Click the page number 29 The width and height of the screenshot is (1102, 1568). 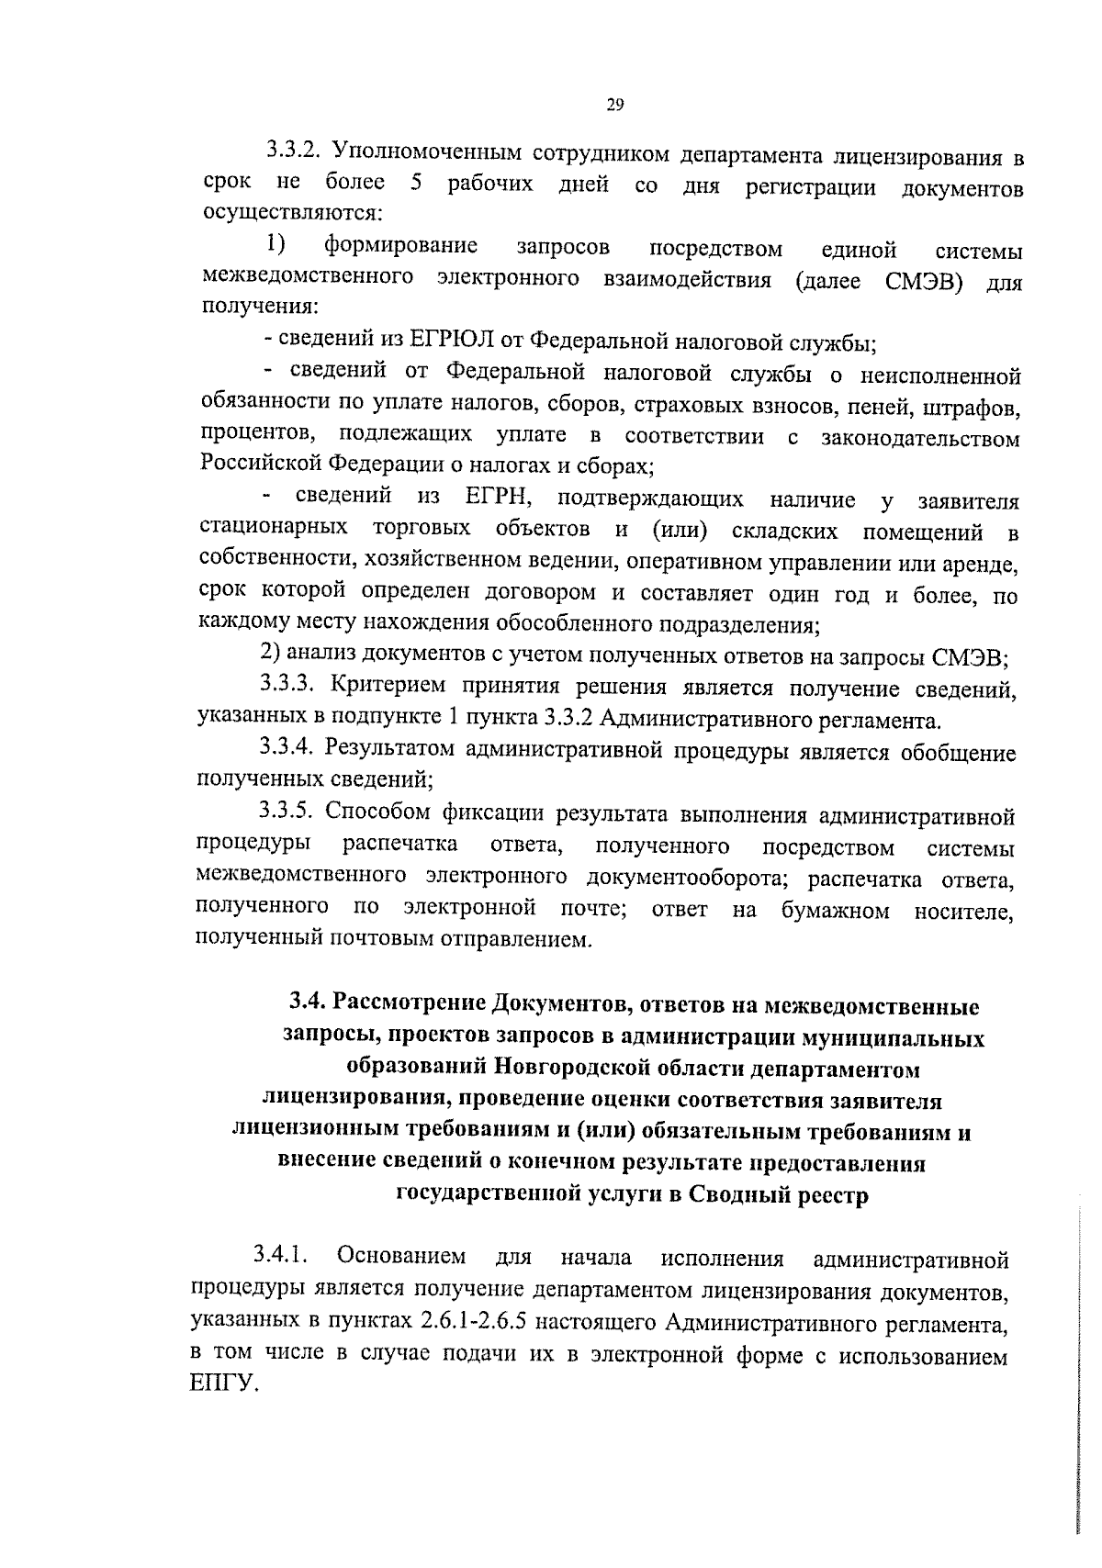pos(615,106)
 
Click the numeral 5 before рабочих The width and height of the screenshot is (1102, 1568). pos(416,183)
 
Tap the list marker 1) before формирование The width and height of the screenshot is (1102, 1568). pos(276,244)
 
